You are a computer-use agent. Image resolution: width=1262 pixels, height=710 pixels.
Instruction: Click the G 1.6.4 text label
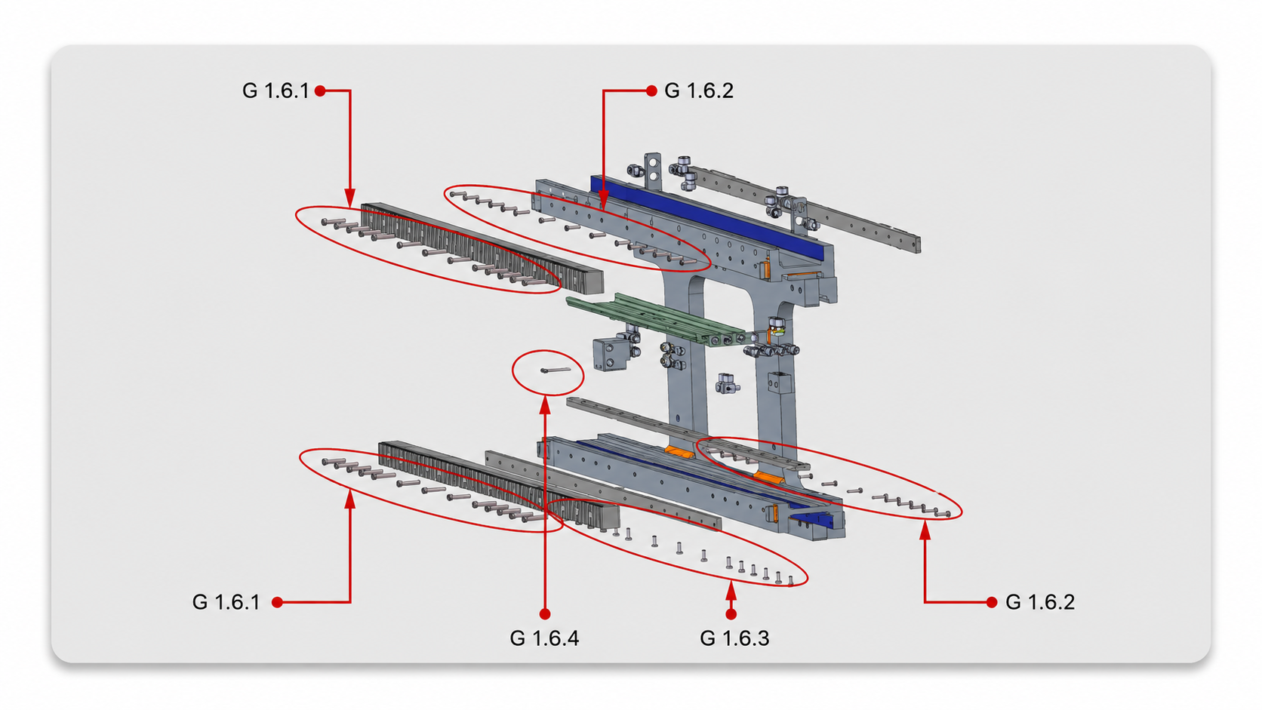click(544, 638)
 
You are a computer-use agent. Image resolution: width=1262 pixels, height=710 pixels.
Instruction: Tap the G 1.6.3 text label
click(734, 638)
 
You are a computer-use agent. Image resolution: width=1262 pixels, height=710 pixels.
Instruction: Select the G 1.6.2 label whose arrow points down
click(699, 91)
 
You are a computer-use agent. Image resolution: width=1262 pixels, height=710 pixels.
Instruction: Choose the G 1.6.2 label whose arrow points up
click(1040, 602)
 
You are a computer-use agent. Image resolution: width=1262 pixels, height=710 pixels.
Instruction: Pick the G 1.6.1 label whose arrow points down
click(275, 91)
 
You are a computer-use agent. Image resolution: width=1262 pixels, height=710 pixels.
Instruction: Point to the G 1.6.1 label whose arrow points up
click(226, 602)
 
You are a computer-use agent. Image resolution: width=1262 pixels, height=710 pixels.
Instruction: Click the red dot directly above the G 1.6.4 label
click(544, 613)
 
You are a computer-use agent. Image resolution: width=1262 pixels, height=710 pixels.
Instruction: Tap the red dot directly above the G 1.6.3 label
click(731, 613)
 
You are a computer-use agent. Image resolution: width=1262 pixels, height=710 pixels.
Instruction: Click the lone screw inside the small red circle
click(556, 370)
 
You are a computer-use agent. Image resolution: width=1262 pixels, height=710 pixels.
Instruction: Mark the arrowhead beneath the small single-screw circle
click(545, 405)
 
